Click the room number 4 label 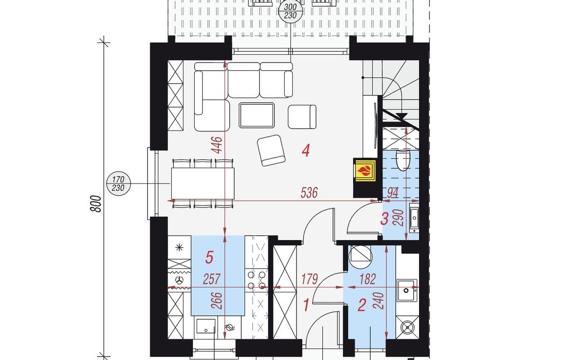pos(306,151)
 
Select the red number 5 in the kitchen pos(209,257)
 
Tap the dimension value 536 pos(309,193)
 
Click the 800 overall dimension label pos(95,203)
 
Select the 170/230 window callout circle pos(118,184)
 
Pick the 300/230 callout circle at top pos(291,11)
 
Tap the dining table pos(202,183)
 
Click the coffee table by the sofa pos(257,115)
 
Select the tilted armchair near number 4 pos(271,150)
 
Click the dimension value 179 pos(309,279)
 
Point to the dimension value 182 pos(367,279)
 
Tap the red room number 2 pos(362,305)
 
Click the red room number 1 pos(306,306)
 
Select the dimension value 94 pos(393,193)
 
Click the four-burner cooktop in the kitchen pos(257,280)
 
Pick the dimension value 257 pos(212,279)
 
